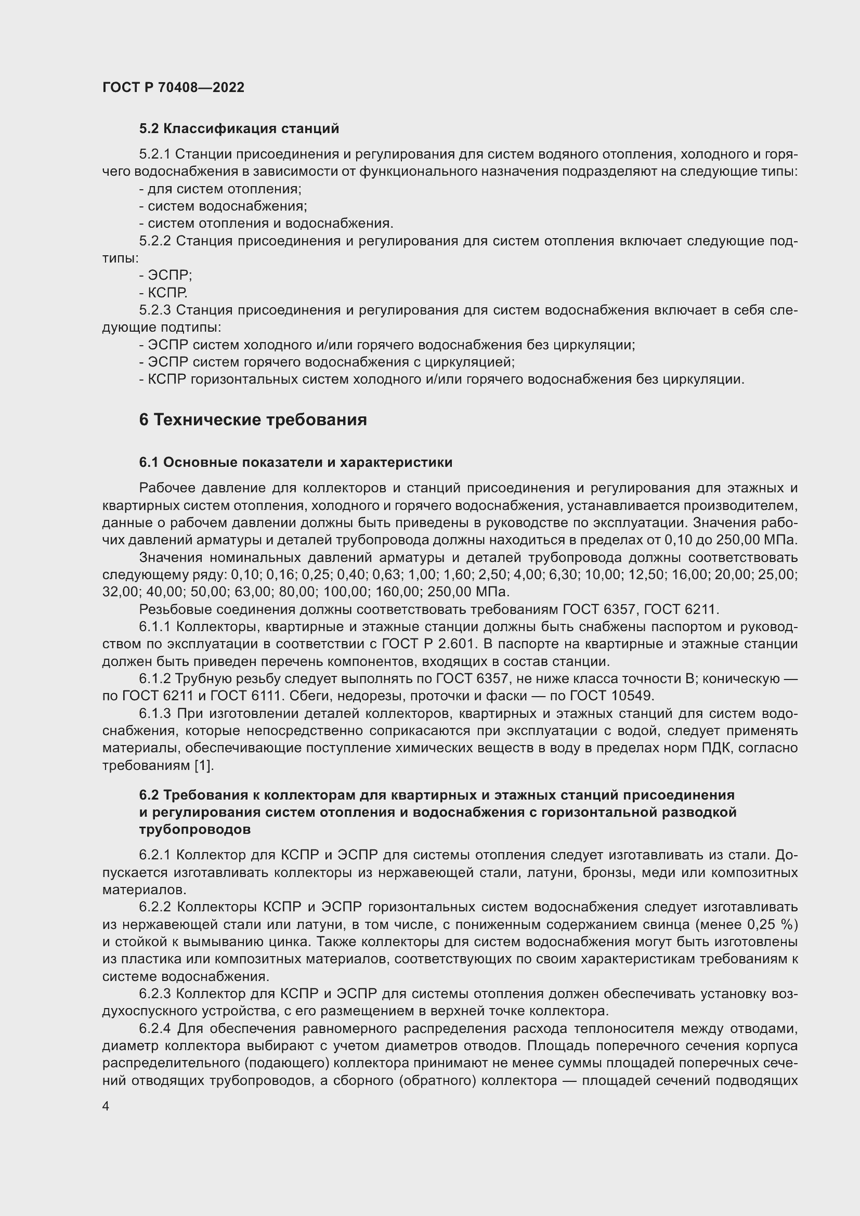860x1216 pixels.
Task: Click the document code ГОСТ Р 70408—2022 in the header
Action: coord(173,87)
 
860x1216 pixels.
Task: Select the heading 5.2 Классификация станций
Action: coord(239,129)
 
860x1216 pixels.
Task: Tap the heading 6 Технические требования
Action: coord(253,420)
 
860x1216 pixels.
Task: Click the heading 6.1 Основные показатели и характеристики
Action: coord(295,462)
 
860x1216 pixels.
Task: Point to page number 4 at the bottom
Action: coord(106,1106)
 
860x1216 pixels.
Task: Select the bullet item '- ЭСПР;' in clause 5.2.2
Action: coord(166,276)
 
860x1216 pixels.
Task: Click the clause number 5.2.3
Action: coord(154,310)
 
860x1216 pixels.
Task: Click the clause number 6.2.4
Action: coord(154,1028)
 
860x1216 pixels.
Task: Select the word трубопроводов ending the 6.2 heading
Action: coord(195,830)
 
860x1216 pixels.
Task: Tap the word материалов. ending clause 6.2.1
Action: coord(144,890)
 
